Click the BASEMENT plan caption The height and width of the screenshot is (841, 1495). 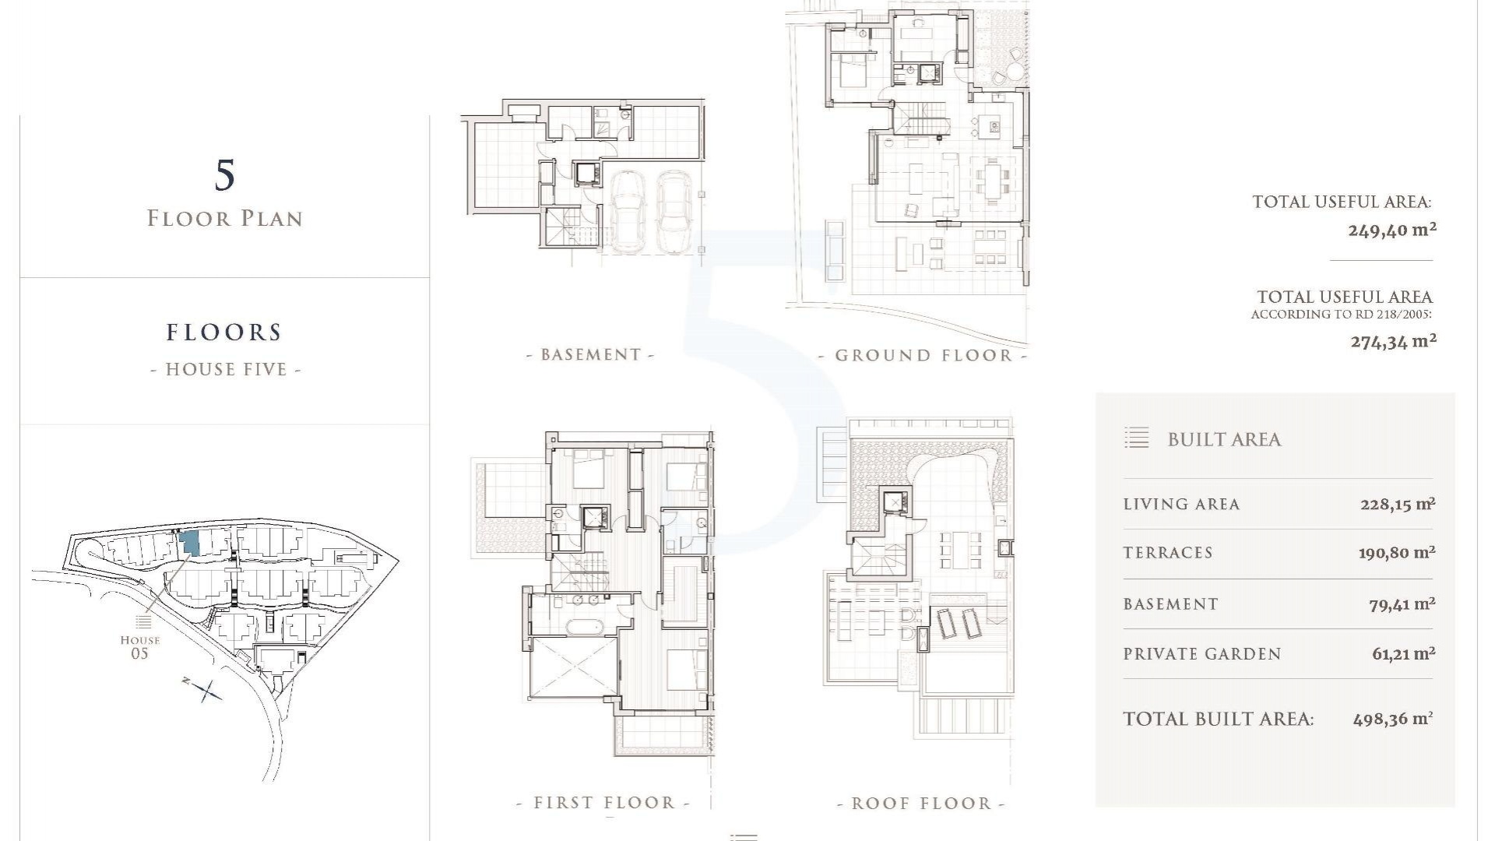[590, 355]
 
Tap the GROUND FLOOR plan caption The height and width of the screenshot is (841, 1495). [923, 356]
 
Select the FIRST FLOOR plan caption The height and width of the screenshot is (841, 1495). [604, 803]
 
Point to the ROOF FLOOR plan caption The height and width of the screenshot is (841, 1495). [921, 804]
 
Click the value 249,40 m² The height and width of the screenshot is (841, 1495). [1392, 230]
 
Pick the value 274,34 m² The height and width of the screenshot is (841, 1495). [1393, 341]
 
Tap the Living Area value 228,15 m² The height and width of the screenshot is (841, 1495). [1398, 504]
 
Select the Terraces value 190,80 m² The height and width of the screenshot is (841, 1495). [1397, 553]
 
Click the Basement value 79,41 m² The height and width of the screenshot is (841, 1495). [1402, 603]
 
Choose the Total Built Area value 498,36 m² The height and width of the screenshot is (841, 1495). [1393, 719]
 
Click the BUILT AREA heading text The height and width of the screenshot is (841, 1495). [1224, 440]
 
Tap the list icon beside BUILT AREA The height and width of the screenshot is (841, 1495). [1137, 438]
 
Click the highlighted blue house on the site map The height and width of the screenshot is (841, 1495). [189, 544]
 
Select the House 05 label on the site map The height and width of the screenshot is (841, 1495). [140, 646]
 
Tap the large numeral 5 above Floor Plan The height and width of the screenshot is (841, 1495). [224, 175]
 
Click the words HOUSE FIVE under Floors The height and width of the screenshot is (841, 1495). [226, 369]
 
